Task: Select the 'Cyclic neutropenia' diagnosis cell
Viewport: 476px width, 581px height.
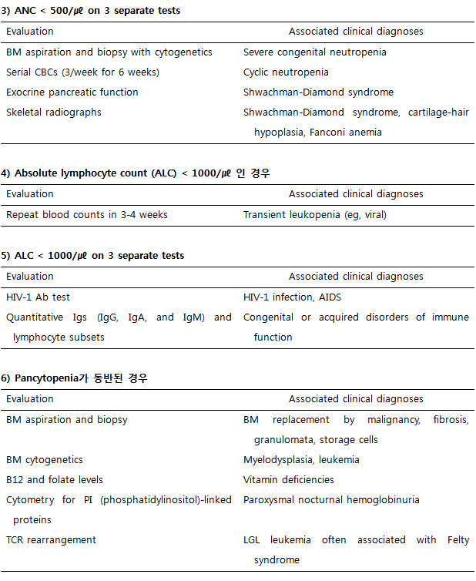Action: (x=286, y=72)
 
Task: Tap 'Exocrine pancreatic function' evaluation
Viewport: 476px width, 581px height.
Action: (x=72, y=92)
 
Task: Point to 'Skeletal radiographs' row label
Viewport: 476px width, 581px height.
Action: (x=54, y=113)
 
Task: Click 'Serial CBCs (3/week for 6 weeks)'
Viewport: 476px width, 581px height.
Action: (x=82, y=72)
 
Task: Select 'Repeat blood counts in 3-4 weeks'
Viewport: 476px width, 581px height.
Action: (x=86, y=214)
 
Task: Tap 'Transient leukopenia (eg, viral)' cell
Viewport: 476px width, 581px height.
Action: (x=315, y=214)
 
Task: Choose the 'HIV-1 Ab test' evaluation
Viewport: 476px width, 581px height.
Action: (x=39, y=297)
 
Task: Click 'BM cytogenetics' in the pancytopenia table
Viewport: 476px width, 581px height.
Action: (x=45, y=460)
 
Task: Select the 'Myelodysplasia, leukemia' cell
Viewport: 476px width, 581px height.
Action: (x=301, y=460)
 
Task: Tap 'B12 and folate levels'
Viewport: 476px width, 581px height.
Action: (x=55, y=480)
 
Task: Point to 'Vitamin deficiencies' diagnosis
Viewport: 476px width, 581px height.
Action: (x=289, y=480)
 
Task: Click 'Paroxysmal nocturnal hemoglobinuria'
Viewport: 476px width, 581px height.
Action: (x=331, y=500)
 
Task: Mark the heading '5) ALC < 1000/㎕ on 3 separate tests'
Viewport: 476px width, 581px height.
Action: (x=96, y=256)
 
